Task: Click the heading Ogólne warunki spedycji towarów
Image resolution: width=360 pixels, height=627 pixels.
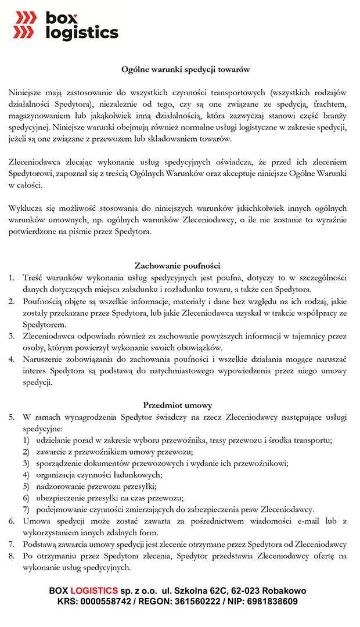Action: pyautogui.click(x=185, y=69)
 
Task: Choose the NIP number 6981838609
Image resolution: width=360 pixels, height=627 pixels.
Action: pyautogui.click(x=271, y=601)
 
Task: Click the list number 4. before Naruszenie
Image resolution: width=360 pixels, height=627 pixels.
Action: pyautogui.click(x=12, y=359)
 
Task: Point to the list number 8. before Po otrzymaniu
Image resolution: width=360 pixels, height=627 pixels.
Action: pyautogui.click(x=12, y=556)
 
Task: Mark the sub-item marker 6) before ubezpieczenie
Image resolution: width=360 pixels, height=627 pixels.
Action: pyautogui.click(x=26, y=498)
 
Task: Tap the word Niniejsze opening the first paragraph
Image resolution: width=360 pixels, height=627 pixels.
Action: pyautogui.click(x=26, y=92)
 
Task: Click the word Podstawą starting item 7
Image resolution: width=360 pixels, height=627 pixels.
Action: pyautogui.click(x=41, y=544)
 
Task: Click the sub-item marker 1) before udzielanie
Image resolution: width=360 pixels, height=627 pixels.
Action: pyautogui.click(x=26, y=440)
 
